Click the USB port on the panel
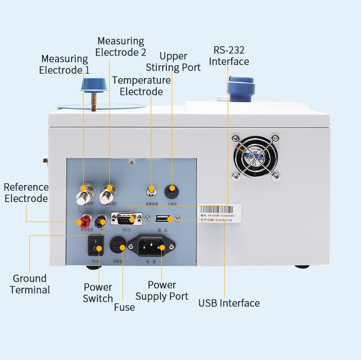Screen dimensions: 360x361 click(163, 219)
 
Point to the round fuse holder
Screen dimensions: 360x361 click(118, 247)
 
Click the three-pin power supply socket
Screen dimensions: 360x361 click(151, 247)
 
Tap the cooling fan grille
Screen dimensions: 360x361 click(255, 156)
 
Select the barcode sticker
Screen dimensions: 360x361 click(218, 213)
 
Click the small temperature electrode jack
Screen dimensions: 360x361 click(151, 190)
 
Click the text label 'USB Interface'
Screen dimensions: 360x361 click(229, 303)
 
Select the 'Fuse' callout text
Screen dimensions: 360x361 click(124, 307)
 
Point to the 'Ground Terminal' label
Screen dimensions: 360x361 click(30, 284)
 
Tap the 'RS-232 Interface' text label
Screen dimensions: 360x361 click(229, 56)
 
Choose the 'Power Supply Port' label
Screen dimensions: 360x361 click(162, 291)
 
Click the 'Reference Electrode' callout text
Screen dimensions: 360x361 click(26, 193)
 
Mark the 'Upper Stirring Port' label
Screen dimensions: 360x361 click(173, 62)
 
